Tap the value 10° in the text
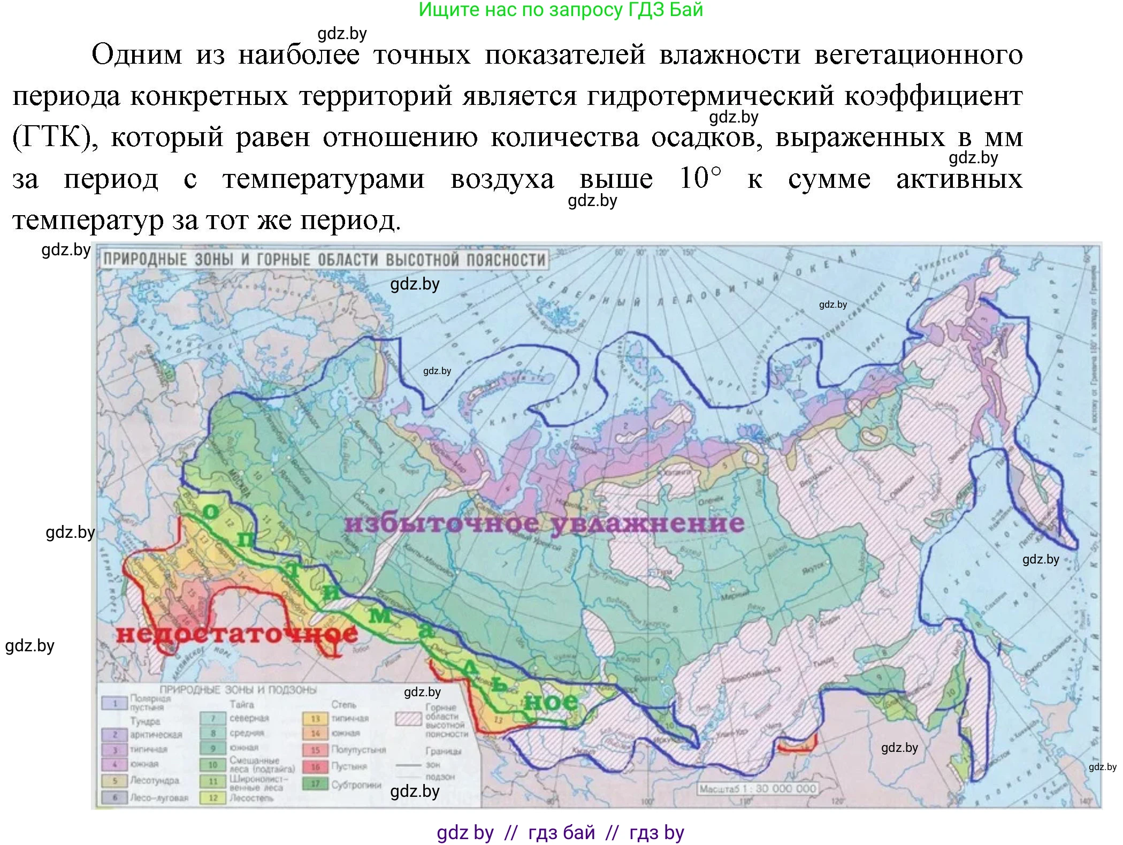[x=700, y=179]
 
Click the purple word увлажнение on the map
[x=647, y=523]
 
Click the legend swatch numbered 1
[x=114, y=703]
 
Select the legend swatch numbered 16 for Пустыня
[x=315, y=766]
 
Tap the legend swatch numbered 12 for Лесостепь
[x=213, y=797]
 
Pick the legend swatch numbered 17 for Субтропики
[x=315, y=784]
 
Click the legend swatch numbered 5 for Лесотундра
[x=114, y=781]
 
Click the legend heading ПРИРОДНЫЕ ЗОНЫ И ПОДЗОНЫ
[x=238, y=690]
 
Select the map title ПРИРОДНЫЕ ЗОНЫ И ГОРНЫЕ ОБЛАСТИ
[x=324, y=260]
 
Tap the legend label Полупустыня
[x=358, y=749]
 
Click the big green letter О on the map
[x=210, y=512]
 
